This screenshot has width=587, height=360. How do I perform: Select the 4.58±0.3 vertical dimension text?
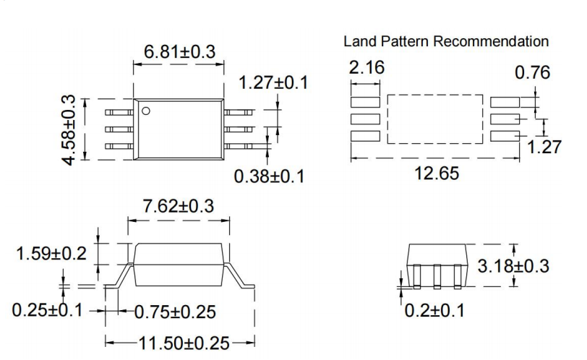coord(69,129)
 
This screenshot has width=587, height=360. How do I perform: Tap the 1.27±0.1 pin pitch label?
coord(273,82)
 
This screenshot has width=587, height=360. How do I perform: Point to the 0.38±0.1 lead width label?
coord(269,176)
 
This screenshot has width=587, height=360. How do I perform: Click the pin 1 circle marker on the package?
coord(145,111)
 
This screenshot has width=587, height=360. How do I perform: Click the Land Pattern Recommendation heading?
coord(445,42)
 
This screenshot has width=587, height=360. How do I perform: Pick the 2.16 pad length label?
coord(367,69)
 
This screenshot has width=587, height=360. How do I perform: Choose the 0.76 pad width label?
coord(532,72)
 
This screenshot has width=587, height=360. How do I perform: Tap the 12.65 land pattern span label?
coord(435,174)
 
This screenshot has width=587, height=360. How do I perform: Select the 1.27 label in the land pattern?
coord(544,147)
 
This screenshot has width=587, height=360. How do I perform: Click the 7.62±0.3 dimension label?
coord(179,206)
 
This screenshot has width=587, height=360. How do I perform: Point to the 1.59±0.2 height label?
coord(51,254)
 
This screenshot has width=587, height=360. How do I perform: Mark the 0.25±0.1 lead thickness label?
coord(48,310)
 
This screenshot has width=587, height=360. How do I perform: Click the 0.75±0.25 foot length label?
coord(176,312)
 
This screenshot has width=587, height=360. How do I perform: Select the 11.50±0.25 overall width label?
coord(181,343)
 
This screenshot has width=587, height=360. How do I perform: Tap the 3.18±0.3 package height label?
coord(513,266)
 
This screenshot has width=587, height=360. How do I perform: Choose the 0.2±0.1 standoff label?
coord(434,311)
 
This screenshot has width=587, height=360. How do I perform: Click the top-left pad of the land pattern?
coord(365,102)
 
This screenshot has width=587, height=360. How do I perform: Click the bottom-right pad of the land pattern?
coord(505,136)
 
